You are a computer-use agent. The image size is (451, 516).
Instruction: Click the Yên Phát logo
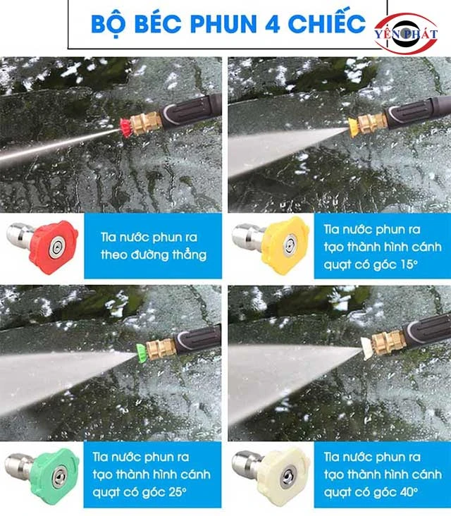point(407,33)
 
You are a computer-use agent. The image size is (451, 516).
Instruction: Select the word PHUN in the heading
point(223,24)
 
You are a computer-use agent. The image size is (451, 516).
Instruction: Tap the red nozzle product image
point(43,247)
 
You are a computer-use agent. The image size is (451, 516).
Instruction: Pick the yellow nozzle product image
point(271,245)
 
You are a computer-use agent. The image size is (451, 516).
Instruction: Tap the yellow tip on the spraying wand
point(354,127)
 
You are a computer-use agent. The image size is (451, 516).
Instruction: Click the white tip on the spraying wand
point(366,348)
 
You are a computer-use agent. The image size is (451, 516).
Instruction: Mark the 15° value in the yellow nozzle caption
point(409,264)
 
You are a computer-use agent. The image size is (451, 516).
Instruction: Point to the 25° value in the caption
point(178,492)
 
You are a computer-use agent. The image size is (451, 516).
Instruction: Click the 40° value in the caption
point(409,492)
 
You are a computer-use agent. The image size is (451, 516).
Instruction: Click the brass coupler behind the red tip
point(147,123)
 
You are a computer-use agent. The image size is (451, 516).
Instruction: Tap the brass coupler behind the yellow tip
point(372,123)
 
